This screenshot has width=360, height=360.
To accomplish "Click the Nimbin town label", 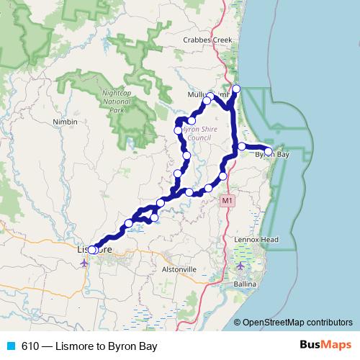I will tap(65, 122).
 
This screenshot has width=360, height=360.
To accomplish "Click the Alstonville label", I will tap(179, 269).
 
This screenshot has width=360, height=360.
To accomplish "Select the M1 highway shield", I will tap(228, 199).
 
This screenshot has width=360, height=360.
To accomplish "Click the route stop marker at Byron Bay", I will tap(268, 151).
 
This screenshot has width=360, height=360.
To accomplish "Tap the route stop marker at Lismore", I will tap(91, 250).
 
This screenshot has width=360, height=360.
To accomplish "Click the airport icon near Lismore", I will tap(84, 262).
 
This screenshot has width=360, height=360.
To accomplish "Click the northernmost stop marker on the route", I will tap(236, 89).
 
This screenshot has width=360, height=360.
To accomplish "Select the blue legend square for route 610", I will tap(10, 346).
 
